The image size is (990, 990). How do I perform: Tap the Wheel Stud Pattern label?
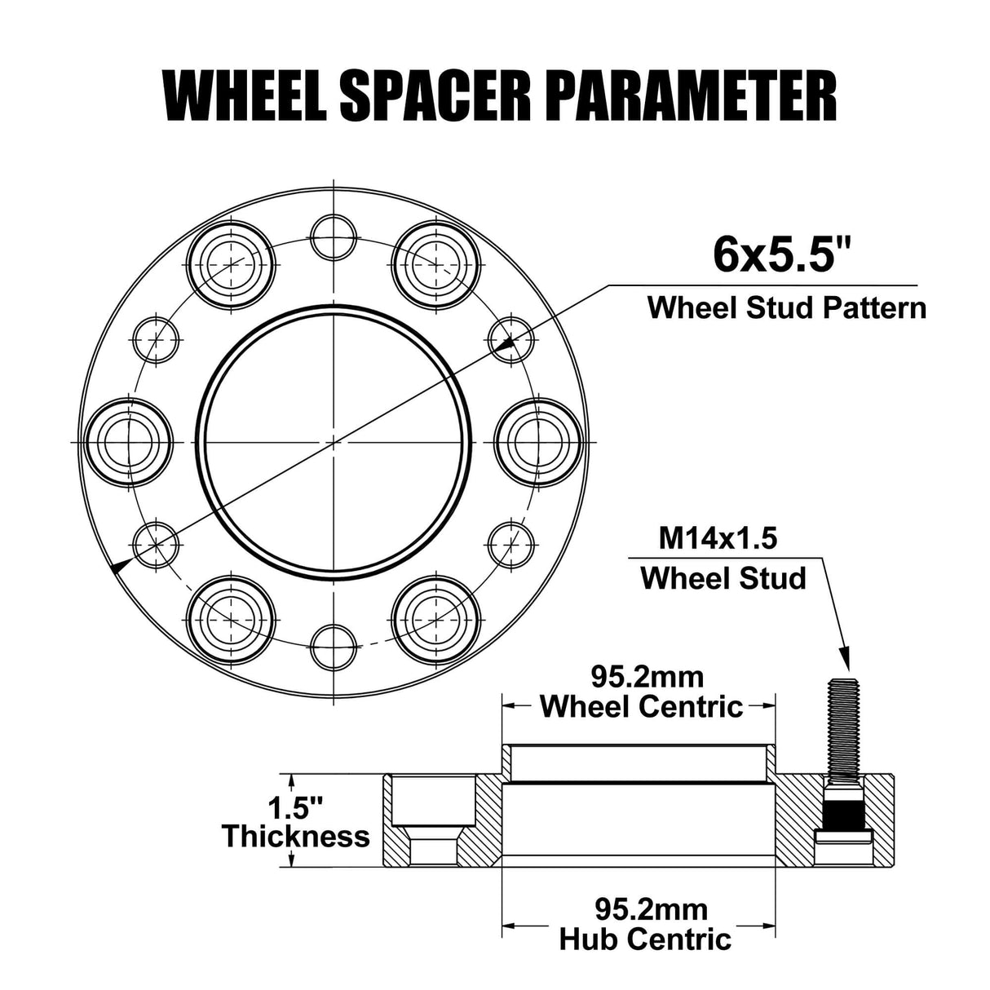[786, 307]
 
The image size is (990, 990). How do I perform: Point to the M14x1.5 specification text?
[718, 538]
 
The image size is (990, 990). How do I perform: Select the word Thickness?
[296, 837]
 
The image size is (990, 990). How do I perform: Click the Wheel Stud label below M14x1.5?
[723, 578]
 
